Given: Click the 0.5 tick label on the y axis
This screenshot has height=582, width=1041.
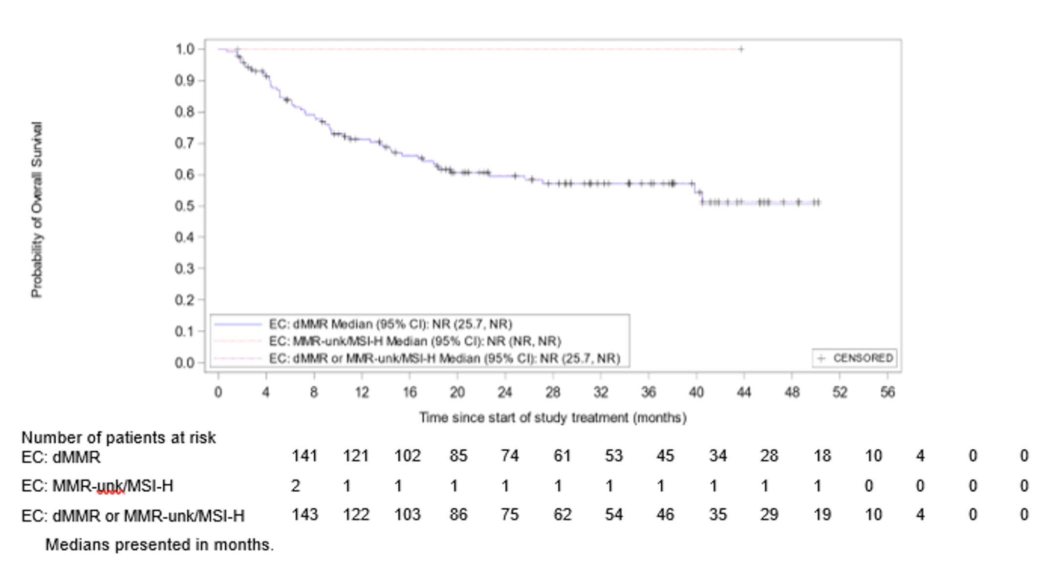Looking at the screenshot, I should click(x=184, y=206).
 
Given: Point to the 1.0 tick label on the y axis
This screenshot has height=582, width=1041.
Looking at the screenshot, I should click(x=184, y=49).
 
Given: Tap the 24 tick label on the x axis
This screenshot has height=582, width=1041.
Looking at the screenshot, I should click(x=505, y=392).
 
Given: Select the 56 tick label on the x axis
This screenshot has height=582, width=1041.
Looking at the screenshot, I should click(x=888, y=392).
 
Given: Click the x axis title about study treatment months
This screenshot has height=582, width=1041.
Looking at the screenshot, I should click(x=553, y=418).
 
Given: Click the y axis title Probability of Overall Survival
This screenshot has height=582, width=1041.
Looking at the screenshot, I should click(x=37, y=209).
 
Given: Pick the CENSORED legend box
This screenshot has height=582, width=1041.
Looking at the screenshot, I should click(x=855, y=358).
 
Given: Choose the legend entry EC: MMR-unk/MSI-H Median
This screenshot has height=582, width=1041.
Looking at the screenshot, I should click(x=414, y=341).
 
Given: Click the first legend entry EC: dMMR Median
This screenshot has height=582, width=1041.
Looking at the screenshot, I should click(x=390, y=324).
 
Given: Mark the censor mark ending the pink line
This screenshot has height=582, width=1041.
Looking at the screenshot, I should click(x=741, y=49).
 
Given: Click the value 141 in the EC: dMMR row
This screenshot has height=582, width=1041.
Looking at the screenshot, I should click(x=304, y=456).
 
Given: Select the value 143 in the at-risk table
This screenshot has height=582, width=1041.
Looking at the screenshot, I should click(x=304, y=515).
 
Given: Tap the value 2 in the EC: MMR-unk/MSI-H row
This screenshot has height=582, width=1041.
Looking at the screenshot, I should click(x=295, y=486).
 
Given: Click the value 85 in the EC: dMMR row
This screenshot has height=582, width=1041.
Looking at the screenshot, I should click(x=458, y=456).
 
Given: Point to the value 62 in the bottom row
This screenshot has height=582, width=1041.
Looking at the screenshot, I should click(x=562, y=515).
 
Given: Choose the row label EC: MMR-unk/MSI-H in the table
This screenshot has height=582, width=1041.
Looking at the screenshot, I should click(x=97, y=486).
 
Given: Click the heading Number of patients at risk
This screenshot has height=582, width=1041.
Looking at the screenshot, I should click(x=118, y=437).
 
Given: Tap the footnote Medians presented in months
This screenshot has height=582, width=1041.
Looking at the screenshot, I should click(x=159, y=544).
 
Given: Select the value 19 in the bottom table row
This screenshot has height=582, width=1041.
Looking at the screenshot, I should click(x=822, y=515).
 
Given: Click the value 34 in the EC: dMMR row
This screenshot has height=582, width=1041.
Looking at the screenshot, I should click(x=717, y=456).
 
